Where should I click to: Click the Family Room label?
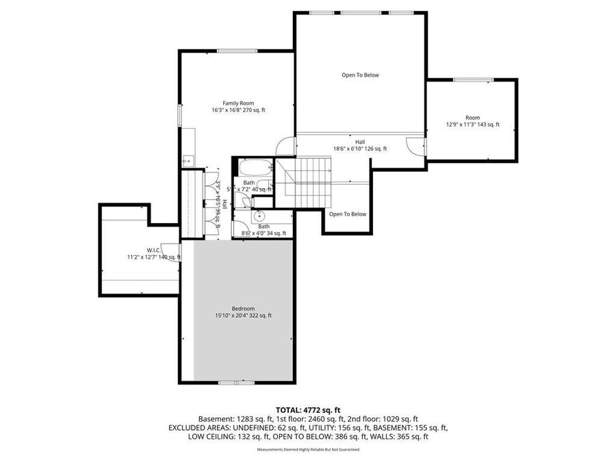238,103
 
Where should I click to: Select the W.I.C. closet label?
153,250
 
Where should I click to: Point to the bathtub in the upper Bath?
255,168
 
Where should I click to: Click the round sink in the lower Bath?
260,216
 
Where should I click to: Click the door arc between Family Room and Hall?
286,146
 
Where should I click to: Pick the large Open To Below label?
360,75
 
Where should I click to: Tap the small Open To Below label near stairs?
347,214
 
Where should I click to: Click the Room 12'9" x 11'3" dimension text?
472,125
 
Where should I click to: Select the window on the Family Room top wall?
228,51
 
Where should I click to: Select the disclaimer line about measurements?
307,450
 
